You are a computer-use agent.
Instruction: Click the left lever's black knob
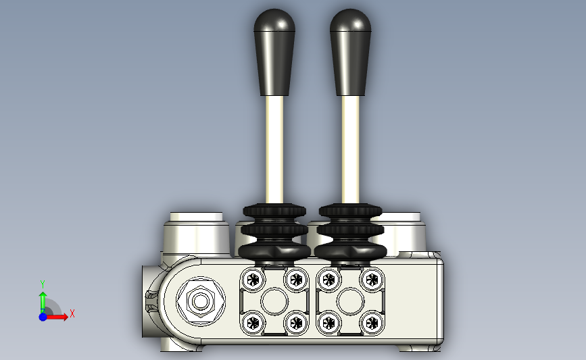point(274,52)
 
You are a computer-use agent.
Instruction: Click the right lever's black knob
point(351,52)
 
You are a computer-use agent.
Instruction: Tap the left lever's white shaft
point(274,150)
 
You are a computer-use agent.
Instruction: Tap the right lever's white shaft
point(351,150)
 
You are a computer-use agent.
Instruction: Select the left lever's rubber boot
point(274,232)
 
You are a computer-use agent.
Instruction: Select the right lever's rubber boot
point(351,232)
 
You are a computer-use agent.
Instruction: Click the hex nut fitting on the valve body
point(201,301)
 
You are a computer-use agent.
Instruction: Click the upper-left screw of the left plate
point(253,280)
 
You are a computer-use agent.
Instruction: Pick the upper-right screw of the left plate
point(296,280)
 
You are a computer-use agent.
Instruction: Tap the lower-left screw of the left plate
point(253,323)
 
